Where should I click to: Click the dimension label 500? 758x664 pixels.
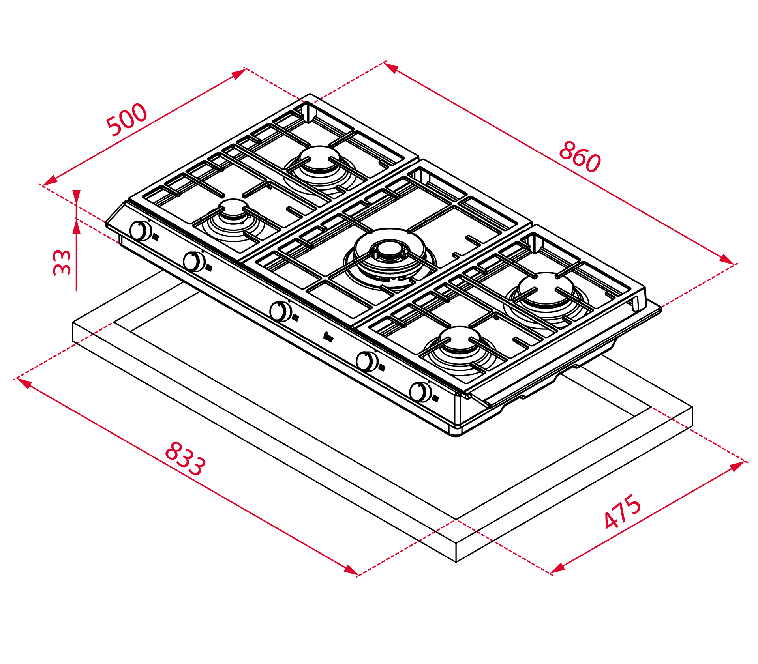(x=127, y=120)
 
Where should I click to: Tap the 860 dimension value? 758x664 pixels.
(x=580, y=157)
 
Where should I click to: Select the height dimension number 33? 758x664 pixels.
(x=62, y=262)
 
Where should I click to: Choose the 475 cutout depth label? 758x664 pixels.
(x=623, y=511)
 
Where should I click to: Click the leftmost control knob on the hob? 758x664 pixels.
(x=141, y=231)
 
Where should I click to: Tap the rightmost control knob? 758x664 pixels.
(x=420, y=392)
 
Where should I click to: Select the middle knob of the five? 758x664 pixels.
(x=280, y=311)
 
